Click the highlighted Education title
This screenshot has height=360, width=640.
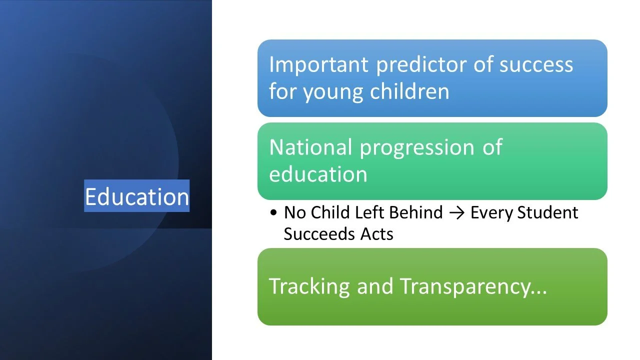[137, 196]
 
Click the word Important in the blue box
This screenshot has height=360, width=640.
[318, 64]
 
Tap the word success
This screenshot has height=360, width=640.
[536, 64]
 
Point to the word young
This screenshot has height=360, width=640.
[332, 92]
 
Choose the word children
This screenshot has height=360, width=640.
[410, 90]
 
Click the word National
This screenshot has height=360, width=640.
[310, 147]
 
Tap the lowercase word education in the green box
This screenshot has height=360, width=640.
[318, 174]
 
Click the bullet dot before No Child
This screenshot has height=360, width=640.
[273, 212]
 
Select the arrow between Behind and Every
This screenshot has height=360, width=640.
[456, 213]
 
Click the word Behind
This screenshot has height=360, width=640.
[416, 212]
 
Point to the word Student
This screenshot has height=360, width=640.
[547, 212]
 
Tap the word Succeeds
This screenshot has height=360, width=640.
[318, 234]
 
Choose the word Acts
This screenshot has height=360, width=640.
[377, 234]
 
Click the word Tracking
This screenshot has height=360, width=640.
[309, 286]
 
